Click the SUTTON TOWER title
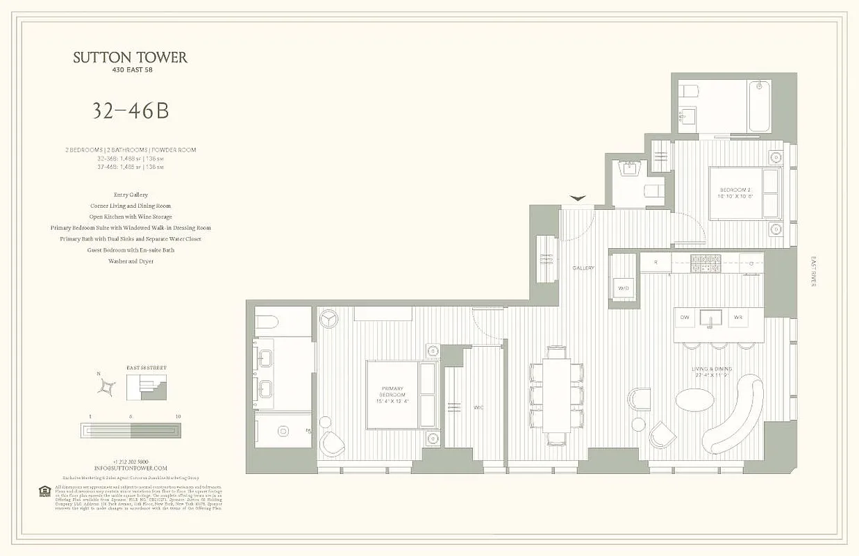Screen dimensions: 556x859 [x=131, y=58]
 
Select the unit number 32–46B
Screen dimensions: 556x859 [x=131, y=111]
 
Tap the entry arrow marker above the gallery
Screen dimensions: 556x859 [x=578, y=199]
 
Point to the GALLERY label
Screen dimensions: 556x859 [x=583, y=268]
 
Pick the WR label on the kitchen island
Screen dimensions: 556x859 [x=738, y=318]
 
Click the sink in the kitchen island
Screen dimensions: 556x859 [x=711, y=318]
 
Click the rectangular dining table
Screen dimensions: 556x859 [x=556, y=395]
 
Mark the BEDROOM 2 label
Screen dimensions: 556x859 [x=735, y=193]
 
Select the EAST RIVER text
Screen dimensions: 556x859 [x=814, y=272]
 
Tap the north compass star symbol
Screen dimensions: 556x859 [x=107, y=387]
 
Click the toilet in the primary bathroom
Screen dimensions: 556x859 [x=267, y=321]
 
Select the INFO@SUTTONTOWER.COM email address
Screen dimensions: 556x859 [x=131, y=468]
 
